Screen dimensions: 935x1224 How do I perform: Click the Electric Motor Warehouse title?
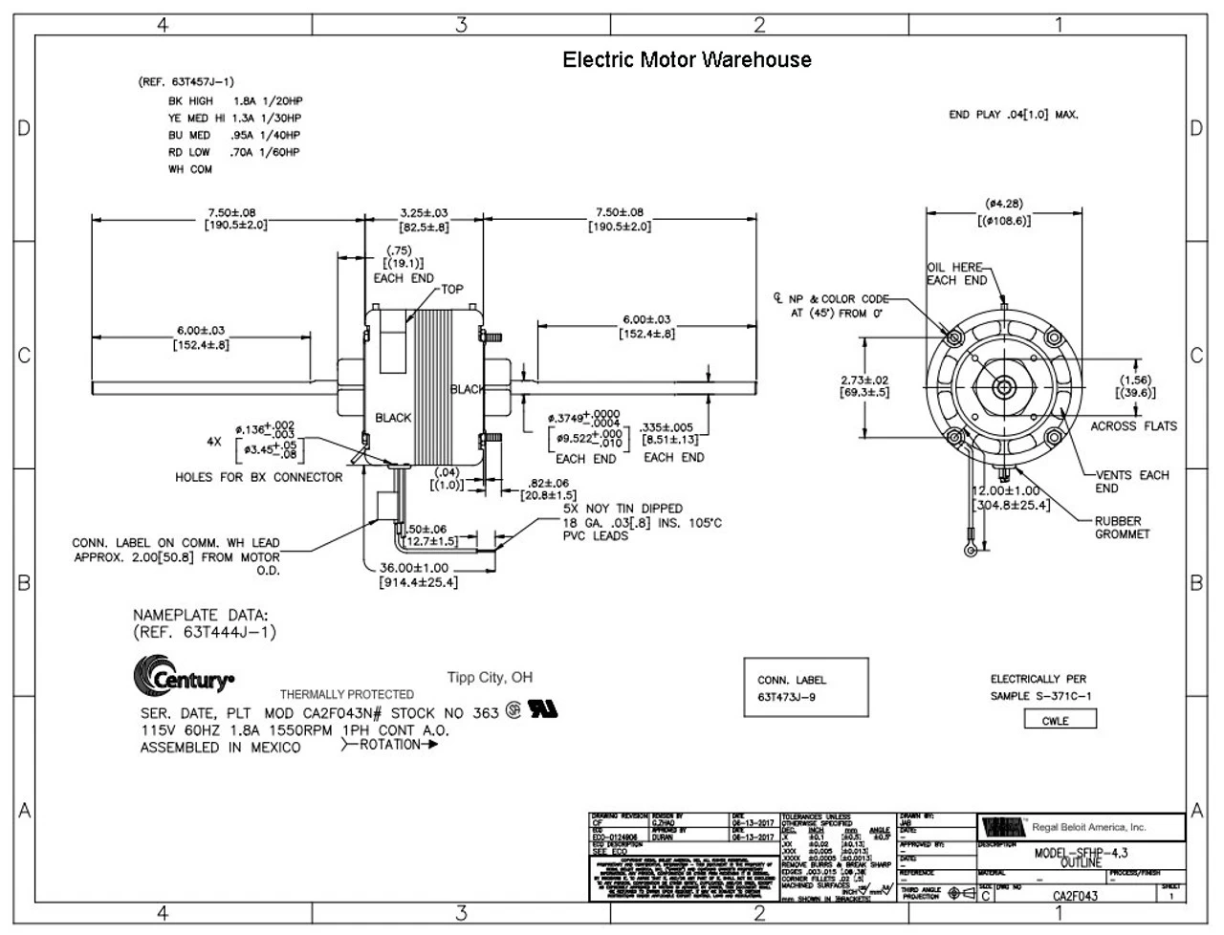[x=687, y=60]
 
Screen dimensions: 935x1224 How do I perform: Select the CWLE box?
[x=1055, y=720]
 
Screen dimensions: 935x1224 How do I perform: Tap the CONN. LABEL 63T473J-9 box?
[x=805, y=687]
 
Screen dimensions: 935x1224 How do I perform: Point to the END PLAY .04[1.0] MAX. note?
[x=1013, y=115]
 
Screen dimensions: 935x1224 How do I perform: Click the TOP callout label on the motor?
[x=451, y=289]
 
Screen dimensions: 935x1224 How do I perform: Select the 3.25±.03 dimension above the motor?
[x=424, y=212]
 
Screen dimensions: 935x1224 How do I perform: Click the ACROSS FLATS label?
[x=1133, y=426]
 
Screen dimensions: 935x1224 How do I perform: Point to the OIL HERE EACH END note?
[x=956, y=274]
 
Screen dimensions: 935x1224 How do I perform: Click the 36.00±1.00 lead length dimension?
[x=413, y=568]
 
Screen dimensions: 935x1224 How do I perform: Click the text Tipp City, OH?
[x=490, y=678]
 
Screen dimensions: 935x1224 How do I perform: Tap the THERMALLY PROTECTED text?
[x=346, y=694]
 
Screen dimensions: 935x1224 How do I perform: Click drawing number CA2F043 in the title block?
[x=1075, y=896]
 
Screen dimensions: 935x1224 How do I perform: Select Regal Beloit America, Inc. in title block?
[x=1088, y=827]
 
